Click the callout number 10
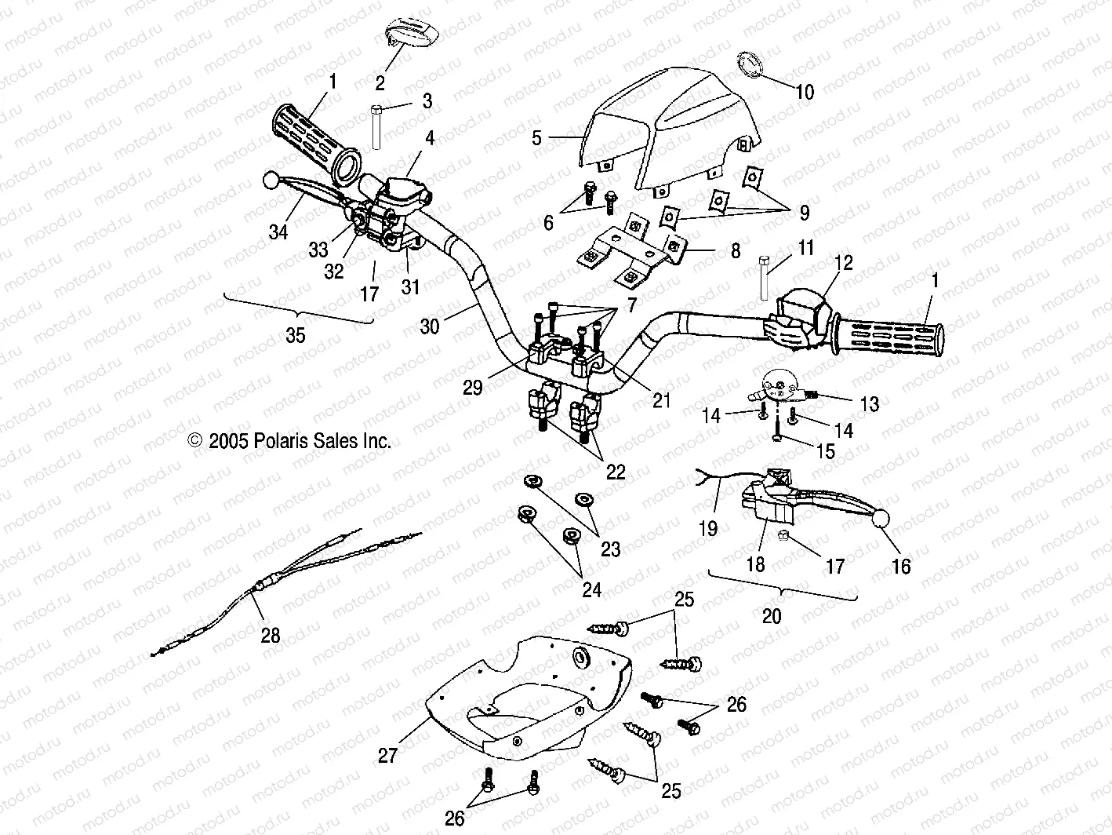point(805,92)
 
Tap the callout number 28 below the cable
point(271,634)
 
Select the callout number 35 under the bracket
point(295,336)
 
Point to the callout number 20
point(772,616)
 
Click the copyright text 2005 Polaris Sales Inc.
point(289,441)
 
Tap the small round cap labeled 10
point(748,65)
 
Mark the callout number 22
point(616,472)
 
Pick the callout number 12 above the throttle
point(843,262)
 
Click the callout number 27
point(387,755)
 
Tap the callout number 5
point(537,138)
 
